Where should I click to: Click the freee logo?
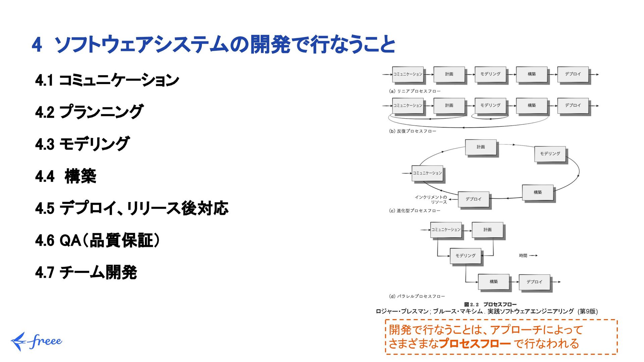(x=36, y=341)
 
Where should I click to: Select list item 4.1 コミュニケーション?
(x=107, y=80)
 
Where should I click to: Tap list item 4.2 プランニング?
(x=89, y=112)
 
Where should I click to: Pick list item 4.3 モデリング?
(x=82, y=144)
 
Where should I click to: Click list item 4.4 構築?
(x=66, y=176)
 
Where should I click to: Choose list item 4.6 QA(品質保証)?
(x=97, y=240)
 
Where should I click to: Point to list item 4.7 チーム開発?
(x=86, y=272)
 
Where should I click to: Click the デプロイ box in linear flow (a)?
(x=573, y=74)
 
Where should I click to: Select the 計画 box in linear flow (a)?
(x=449, y=74)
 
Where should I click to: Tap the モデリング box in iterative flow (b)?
(x=490, y=105)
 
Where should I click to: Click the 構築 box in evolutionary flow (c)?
(x=537, y=192)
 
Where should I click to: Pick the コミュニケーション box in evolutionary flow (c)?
(x=427, y=173)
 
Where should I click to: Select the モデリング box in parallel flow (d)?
(x=465, y=256)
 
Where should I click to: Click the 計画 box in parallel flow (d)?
(x=487, y=230)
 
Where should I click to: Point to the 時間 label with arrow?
(x=528, y=256)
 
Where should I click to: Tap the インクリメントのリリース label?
(x=431, y=199)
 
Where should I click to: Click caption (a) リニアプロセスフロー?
(x=415, y=91)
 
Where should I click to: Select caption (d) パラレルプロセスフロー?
(x=417, y=296)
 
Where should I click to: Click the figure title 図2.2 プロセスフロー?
(x=490, y=304)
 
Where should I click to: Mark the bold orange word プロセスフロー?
(x=475, y=344)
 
